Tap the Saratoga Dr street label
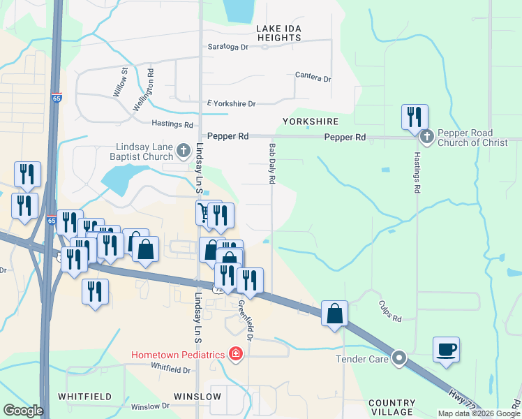pyautogui.click(x=228, y=47)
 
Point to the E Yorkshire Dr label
pyautogui.click(x=232, y=103)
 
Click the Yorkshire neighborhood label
pyautogui.click(x=311, y=121)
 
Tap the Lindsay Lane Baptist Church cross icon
pyautogui.click(x=183, y=149)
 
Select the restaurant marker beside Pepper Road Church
pyautogui.click(x=415, y=117)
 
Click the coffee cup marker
pyautogui.click(x=446, y=348)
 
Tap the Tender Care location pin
pyautogui.click(x=399, y=359)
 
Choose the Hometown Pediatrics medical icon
pyautogui.click(x=237, y=354)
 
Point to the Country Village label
pyautogui.click(x=391, y=408)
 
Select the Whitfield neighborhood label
pyautogui.click(x=84, y=396)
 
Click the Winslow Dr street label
pyautogui.click(x=150, y=406)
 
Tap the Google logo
pyautogui.click(x=24, y=411)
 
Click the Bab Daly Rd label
pyautogui.click(x=272, y=165)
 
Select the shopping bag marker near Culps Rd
pyautogui.click(x=335, y=312)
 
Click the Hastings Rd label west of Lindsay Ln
pyautogui.click(x=172, y=124)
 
